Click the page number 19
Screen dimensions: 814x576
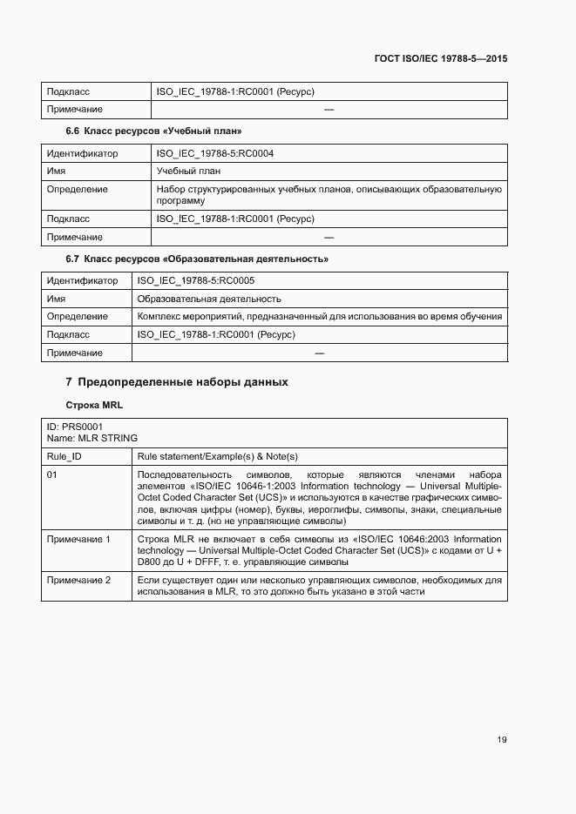[x=502, y=740]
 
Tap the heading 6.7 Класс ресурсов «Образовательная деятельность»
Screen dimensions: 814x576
[x=197, y=259]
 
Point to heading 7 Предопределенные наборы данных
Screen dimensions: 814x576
[x=177, y=382]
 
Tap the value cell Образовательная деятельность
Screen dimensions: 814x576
[x=209, y=299]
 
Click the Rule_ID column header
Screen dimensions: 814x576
[x=64, y=456]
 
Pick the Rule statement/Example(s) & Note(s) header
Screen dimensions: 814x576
[x=218, y=456]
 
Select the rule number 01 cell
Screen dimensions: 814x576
[x=52, y=474]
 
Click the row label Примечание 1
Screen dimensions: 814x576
[x=78, y=540]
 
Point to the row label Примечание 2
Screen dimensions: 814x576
[x=78, y=580]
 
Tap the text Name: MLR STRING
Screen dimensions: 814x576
[x=91, y=439]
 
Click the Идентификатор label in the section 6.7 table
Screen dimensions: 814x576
[x=82, y=281]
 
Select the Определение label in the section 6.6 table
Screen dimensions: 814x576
[x=78, y=189]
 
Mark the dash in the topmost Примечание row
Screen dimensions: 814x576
[x=329, y=110]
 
